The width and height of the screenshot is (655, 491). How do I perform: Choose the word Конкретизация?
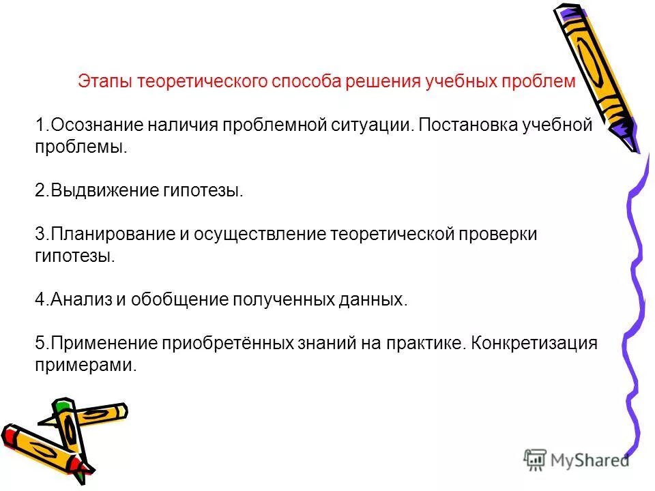[x=534, y=344]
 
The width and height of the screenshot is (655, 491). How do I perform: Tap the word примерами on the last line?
[x=85, y=366]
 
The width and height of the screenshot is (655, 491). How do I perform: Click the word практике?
[x=431, y=344]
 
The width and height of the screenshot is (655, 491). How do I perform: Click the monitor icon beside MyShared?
[x=536, y=460]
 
